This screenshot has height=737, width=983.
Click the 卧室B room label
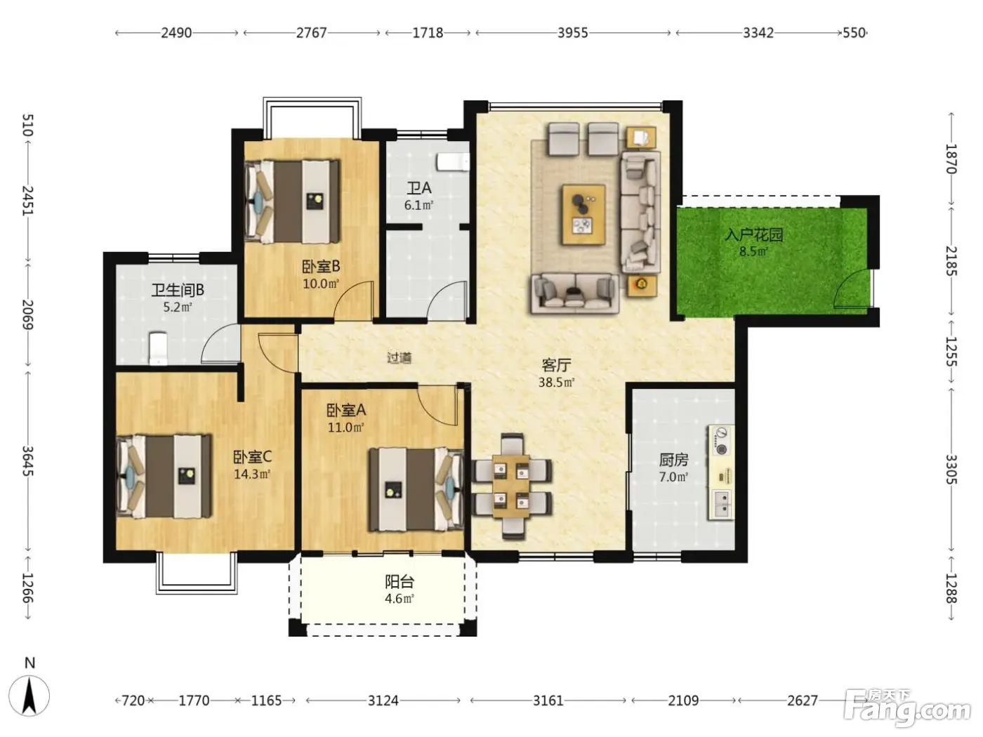[321, 267]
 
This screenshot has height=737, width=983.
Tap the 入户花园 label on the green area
[753, 235]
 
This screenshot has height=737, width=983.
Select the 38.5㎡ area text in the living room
[556, 382]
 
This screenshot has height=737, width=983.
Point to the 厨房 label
[673, 460]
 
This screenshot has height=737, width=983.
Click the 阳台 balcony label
[400, 582]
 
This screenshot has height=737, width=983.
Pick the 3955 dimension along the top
[572, 33]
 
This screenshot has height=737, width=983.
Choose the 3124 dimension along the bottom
[383, 701]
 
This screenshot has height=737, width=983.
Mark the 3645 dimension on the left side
[28, 461]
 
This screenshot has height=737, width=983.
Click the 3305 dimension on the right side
[951, 470]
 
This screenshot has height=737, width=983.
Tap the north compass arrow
[29, 696]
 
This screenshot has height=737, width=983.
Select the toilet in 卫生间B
[158, 348]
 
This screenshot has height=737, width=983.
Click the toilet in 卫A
[453, 162]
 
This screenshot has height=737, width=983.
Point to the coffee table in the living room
[584, 215]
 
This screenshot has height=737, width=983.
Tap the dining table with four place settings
[511, 486]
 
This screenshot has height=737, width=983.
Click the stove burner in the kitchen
[721, 449]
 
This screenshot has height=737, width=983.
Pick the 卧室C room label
[252, 457]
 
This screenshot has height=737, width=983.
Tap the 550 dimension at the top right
[854, 33]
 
